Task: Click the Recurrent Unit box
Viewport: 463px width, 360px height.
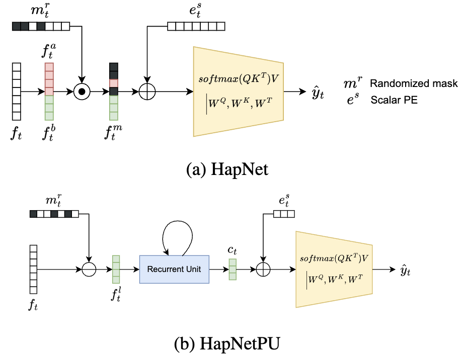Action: pyautogui.click(x=174, y=269)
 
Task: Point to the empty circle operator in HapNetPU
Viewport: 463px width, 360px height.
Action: pyautogui.click(x=89, y=269)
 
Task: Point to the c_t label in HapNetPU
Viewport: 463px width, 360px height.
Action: pyautogui.click(x=233, y=250)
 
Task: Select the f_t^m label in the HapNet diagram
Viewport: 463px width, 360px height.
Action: pyautogui.click(x=114, y=133)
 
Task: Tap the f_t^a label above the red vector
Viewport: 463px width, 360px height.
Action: pyautogui.click(x=49, y=52)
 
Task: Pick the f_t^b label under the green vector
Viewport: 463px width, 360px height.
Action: pyautogui.click(x=49, y=133)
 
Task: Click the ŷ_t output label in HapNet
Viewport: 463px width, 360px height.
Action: pyautogui.click(x=318, y=93)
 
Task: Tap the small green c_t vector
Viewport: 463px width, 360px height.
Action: pyautogui.click(x=233, y=269)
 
